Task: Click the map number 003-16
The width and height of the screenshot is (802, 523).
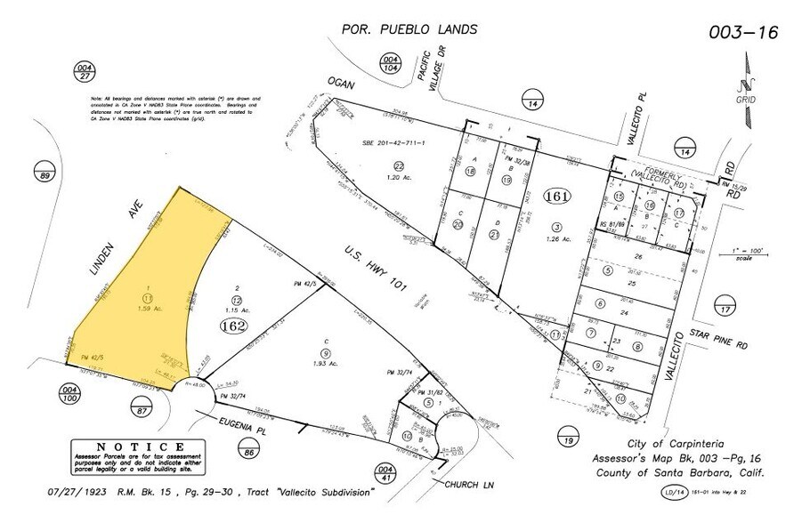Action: coord(742,32)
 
